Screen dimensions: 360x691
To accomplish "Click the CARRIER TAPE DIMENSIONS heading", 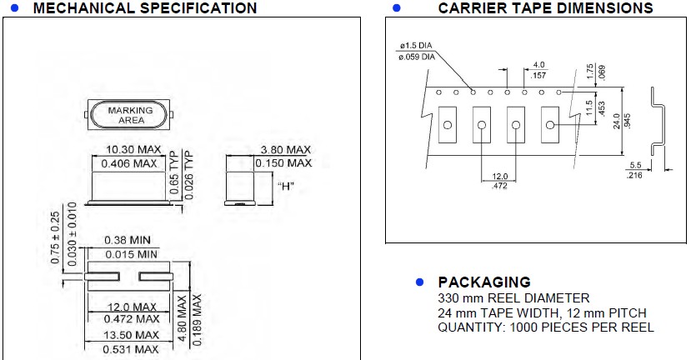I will (x=545, y=8).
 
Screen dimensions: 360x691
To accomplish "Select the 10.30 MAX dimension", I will (x=131, y=151).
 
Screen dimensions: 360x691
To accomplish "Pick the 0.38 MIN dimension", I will (x=131, y=241).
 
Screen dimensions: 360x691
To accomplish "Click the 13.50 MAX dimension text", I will (x=131, y=335).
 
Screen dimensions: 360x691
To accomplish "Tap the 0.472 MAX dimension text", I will (x=131, y=318).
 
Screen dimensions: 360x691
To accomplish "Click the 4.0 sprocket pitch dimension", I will (x=538, y=64).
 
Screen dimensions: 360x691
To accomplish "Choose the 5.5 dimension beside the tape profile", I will (x=635, y=165).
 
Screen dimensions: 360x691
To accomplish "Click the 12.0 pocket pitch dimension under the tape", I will (x=500, y=177).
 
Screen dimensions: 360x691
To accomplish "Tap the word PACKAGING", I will (x=483, y=282).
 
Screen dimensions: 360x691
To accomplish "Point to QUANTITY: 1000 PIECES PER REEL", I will (x=546, y=327).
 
